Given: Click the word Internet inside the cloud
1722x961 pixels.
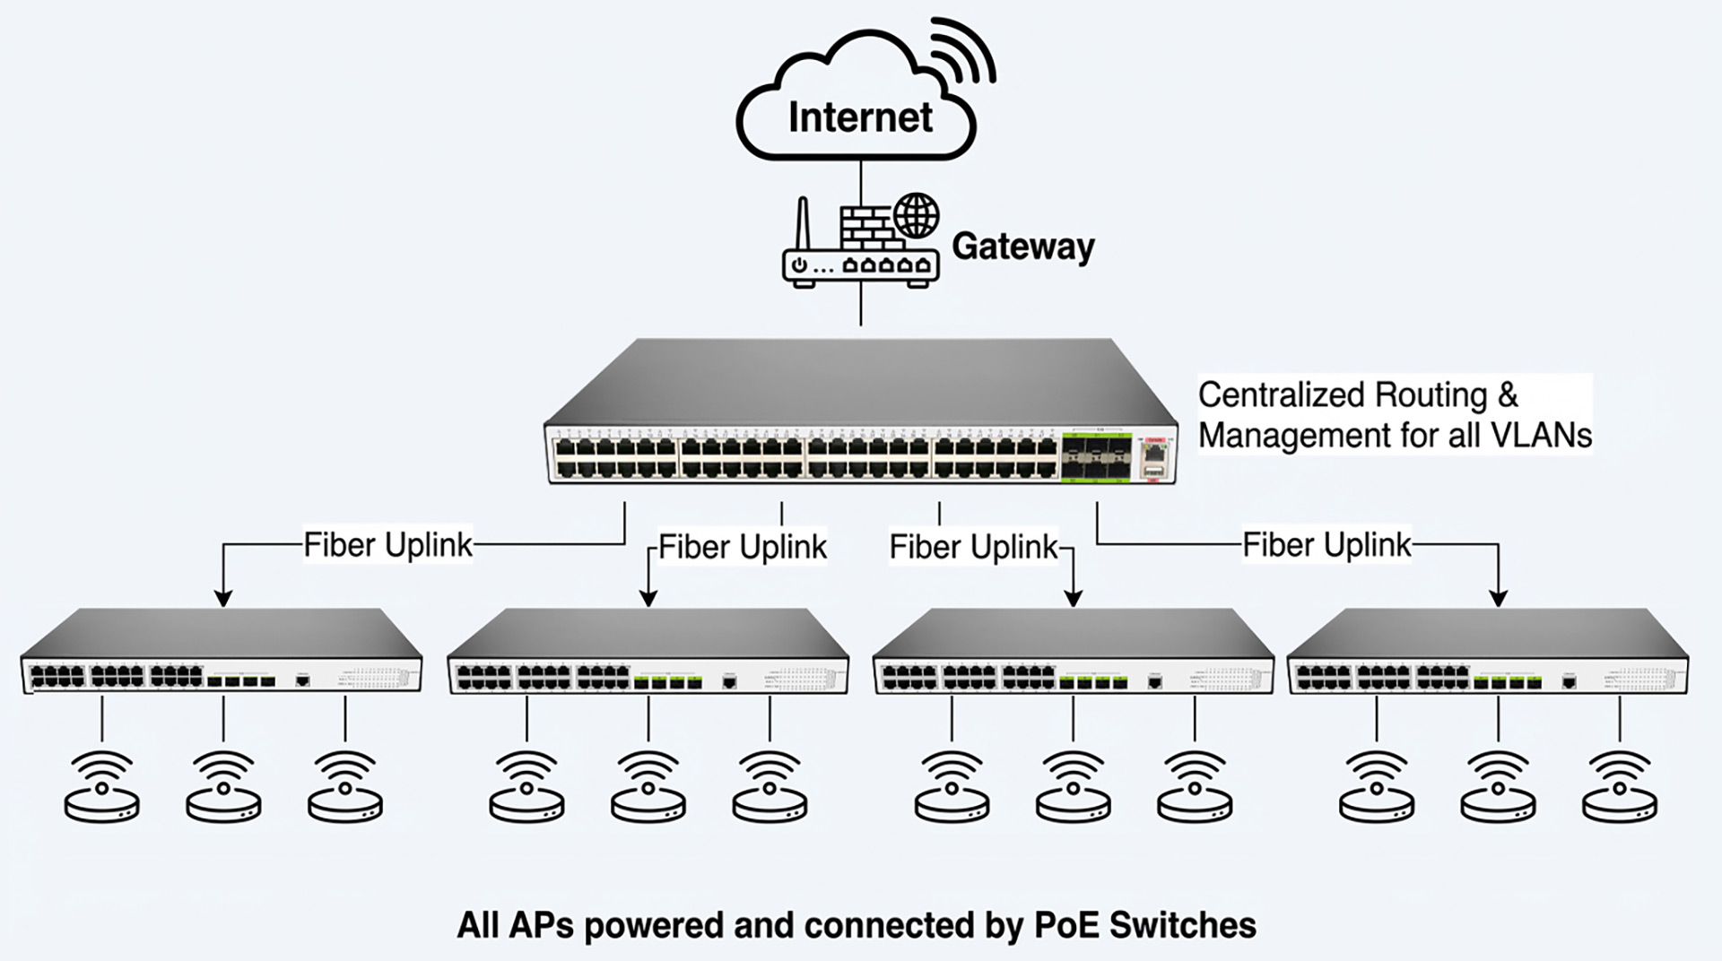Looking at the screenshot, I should click(859, 117).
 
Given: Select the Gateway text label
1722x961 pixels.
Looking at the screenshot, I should click(1022, 247).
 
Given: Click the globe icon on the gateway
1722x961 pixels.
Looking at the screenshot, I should click(916, 215).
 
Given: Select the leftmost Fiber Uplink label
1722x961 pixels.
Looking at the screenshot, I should click(387, 544).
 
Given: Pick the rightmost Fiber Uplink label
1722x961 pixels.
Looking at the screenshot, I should click(1326, 544).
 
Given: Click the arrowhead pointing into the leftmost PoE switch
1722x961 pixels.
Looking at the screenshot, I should click(223, 598).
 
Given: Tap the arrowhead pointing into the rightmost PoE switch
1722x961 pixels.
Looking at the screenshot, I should click(1498, 598).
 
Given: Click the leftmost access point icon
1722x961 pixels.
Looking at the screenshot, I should click(102, 789).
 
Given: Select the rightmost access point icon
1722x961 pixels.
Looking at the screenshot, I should click(1619, 789).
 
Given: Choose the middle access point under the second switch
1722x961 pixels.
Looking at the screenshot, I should click(648, 789).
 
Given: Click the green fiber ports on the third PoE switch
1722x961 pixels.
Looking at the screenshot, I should click(1093, 683).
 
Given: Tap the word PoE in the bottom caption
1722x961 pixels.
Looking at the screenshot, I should click(1068, 925).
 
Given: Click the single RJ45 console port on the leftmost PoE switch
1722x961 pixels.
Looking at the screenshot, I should click(303, 681).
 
